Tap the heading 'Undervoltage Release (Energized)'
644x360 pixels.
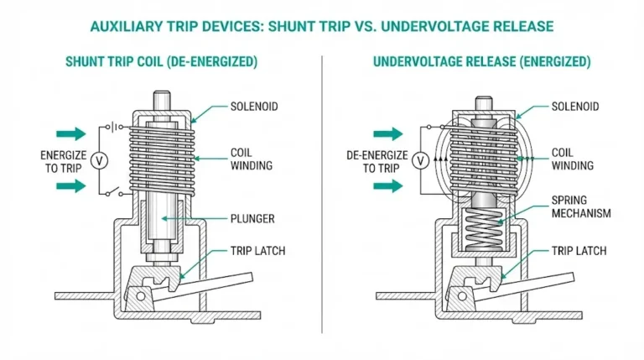tap(481, 62)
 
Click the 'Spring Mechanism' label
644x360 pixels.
tap(580, 207)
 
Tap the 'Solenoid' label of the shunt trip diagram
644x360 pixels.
tap(254, 107)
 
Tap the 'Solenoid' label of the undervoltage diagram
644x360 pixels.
tap(574, 107)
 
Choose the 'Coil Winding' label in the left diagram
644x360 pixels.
tap(251, 159)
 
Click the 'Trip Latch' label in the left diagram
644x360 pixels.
tap(257, 251)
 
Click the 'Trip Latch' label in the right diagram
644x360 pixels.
tap(579, 251)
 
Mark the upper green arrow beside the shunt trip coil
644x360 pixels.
tap(70, 133)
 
